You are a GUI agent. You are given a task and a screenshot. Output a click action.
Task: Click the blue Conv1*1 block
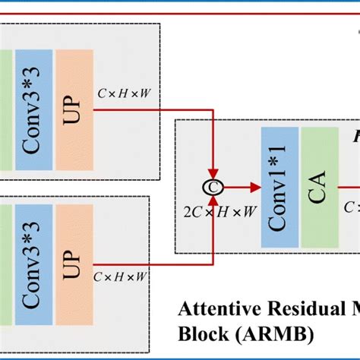pos(279,187)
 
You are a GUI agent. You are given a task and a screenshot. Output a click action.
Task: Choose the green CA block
pos(320,187)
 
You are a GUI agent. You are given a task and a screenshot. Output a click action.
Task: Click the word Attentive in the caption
pos(216,311)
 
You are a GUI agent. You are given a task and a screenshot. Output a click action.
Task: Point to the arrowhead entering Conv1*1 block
pos(255,186)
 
